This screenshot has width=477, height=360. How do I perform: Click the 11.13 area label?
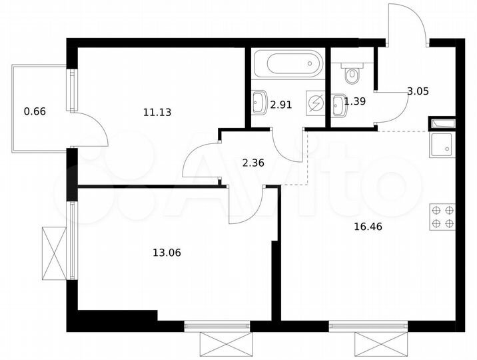[157, 113]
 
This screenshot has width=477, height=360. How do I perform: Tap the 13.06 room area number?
[167, 253]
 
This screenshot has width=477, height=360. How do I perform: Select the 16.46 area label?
[368, 226]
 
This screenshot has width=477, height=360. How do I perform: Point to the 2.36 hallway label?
[253, 161]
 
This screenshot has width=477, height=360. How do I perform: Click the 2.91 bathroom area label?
[282, 104]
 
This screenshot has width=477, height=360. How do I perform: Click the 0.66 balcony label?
[35, 111]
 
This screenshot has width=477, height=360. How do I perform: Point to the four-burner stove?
[443, 216]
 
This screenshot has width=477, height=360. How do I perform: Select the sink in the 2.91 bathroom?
[260, 102]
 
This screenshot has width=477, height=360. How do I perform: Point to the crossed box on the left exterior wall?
[53, 254]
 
